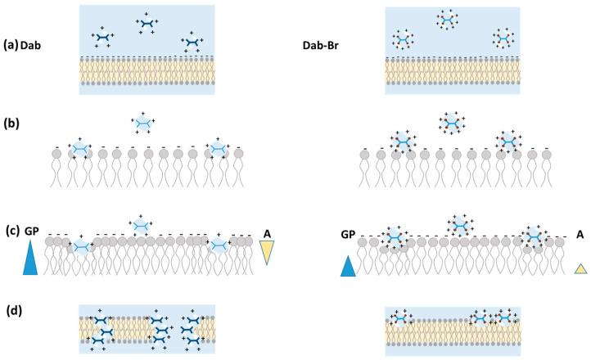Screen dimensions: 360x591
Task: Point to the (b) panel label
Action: pos(11,124)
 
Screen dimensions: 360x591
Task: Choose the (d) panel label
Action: pos(11,309)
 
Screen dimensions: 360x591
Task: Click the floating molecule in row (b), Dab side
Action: pos(143,124)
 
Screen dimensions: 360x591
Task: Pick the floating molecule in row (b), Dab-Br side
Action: pos(450,123)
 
